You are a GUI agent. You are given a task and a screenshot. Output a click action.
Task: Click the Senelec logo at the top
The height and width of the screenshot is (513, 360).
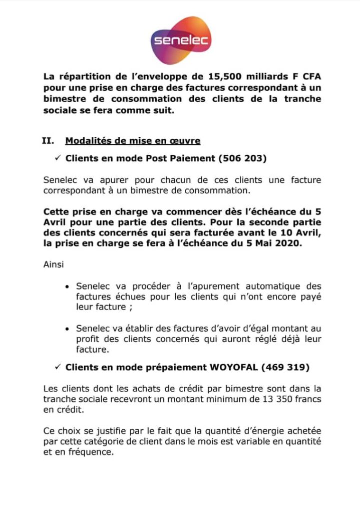[x=181, y=40]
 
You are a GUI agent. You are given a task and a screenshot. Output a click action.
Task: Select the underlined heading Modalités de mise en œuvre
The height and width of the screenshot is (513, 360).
[x=133, y=141]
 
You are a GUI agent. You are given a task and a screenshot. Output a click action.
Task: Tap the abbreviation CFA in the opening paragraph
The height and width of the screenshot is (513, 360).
[x=311, y=77]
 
